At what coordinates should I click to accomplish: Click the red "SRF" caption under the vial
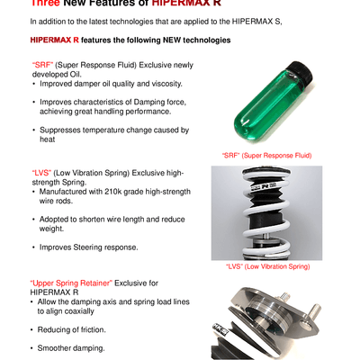266,156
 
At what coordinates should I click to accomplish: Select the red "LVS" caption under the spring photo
267,266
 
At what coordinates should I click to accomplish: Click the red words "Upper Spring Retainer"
71,283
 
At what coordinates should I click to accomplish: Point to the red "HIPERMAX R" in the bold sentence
55,40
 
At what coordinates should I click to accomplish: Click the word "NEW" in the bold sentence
172,40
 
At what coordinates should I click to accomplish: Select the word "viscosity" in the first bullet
166,84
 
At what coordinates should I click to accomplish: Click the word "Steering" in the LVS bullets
87,247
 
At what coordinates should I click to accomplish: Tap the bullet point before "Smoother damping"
31,348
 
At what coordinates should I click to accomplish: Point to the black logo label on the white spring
267,185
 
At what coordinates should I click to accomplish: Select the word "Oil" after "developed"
75,75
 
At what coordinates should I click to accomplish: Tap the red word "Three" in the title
45,3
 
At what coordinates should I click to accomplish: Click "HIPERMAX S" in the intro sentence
256,22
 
